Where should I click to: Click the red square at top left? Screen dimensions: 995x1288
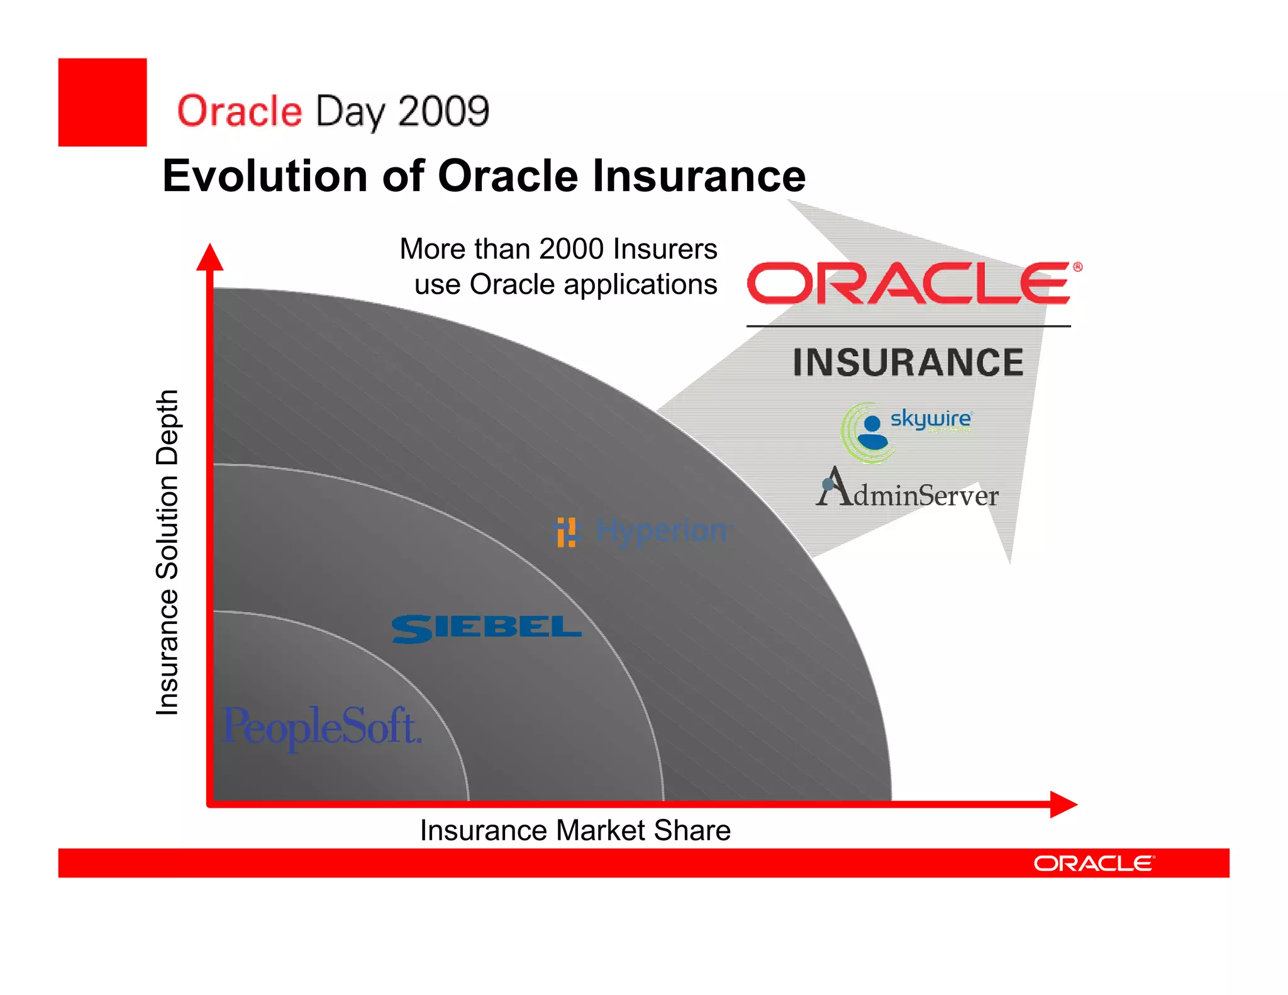103,103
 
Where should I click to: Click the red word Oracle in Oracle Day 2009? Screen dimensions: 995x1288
240,111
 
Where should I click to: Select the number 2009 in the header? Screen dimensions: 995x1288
443,111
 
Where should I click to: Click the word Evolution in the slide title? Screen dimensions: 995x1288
265,176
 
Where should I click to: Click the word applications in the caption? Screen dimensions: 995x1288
640,284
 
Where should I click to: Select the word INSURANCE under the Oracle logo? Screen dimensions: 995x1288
908,363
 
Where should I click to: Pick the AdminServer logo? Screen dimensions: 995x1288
908,489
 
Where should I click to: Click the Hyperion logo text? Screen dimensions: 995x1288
662,530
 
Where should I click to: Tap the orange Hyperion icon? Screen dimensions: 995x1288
565,532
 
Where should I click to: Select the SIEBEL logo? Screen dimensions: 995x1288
486,628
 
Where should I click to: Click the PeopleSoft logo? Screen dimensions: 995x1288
321,726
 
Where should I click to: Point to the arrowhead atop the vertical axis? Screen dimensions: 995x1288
210,257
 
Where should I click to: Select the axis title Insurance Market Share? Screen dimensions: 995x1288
575,830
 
